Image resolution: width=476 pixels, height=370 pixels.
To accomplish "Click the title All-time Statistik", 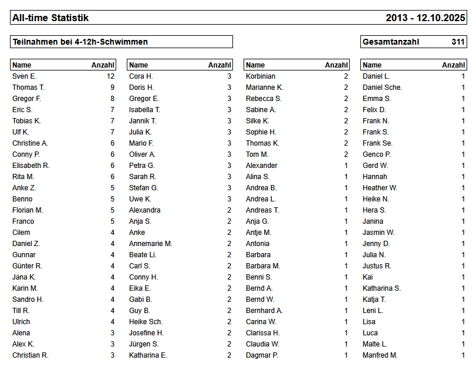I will click(50, 18).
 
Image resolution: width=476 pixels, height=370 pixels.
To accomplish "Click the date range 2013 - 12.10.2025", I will click(425, 18).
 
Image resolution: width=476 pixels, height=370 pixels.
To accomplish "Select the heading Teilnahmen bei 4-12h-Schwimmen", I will click(80, 42).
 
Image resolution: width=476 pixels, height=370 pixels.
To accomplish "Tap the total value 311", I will click(458, 42).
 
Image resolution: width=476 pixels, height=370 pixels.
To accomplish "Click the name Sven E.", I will click(24, 76).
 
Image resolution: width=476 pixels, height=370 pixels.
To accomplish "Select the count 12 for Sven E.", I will click(110, 76).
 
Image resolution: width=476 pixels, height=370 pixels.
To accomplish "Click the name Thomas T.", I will click(28, 88).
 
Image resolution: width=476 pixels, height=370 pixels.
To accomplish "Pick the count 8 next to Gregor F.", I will click(112, 99).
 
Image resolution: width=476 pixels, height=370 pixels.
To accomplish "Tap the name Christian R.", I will click(31, 355).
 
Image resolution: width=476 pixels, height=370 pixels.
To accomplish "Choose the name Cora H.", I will click(141, 76).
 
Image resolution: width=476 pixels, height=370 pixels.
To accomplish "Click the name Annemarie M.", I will click(150, 244).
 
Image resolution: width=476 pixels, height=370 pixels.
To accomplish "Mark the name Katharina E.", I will click(148, 355).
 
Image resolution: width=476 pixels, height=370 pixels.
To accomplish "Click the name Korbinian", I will click(261, 76).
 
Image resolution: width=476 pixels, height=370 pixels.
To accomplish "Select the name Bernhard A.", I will click(264, 311).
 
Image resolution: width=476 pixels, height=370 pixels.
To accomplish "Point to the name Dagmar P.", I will click(262, 355).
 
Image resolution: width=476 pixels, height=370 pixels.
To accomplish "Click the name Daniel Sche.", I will click(382, 88).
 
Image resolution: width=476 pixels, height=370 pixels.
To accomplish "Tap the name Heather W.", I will click(380, 188).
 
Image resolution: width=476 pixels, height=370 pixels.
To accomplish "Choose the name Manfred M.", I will click(380, 355).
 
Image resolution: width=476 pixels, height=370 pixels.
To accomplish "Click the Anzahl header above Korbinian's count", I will click(336, 65).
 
